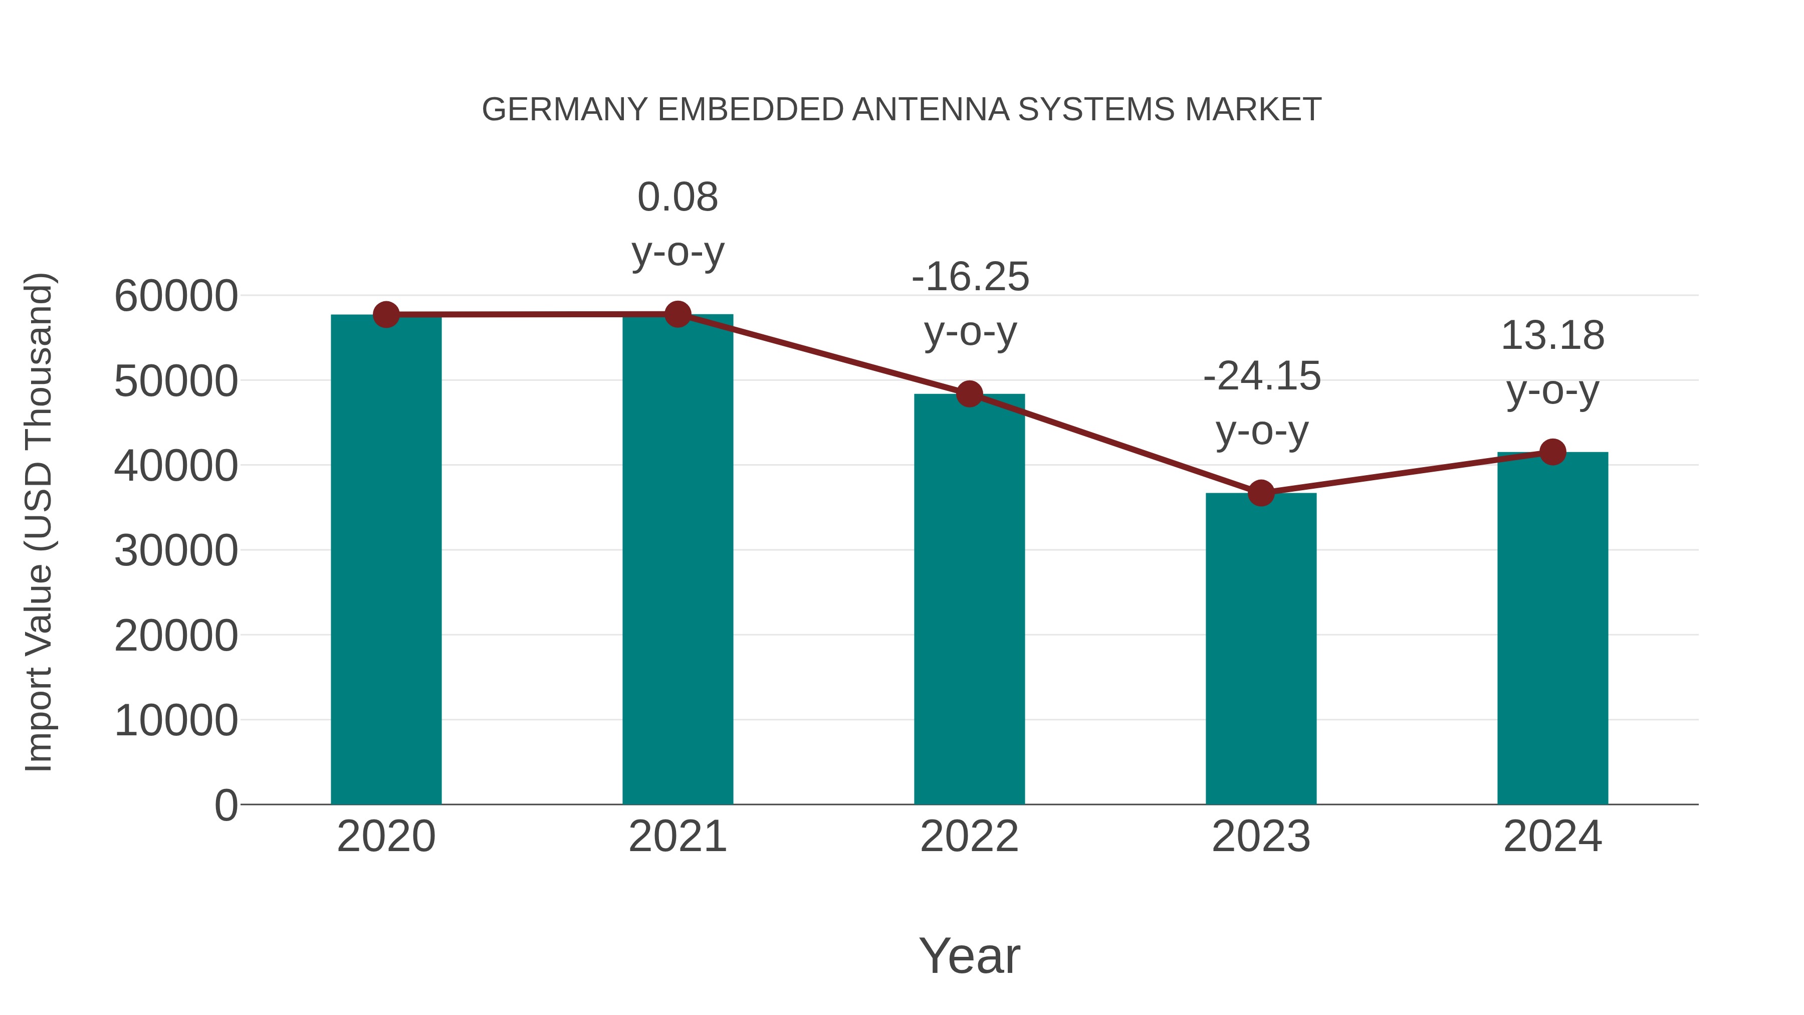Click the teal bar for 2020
386,560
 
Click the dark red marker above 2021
677,314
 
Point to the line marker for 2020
386,315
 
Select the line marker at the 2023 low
1261,493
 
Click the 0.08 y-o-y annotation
677,224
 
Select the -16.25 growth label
970,303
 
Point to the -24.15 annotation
1261,403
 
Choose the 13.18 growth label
1552,362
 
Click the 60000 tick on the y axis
176,296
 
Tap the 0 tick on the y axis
225,805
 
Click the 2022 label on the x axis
969,837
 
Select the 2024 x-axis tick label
1552,837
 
